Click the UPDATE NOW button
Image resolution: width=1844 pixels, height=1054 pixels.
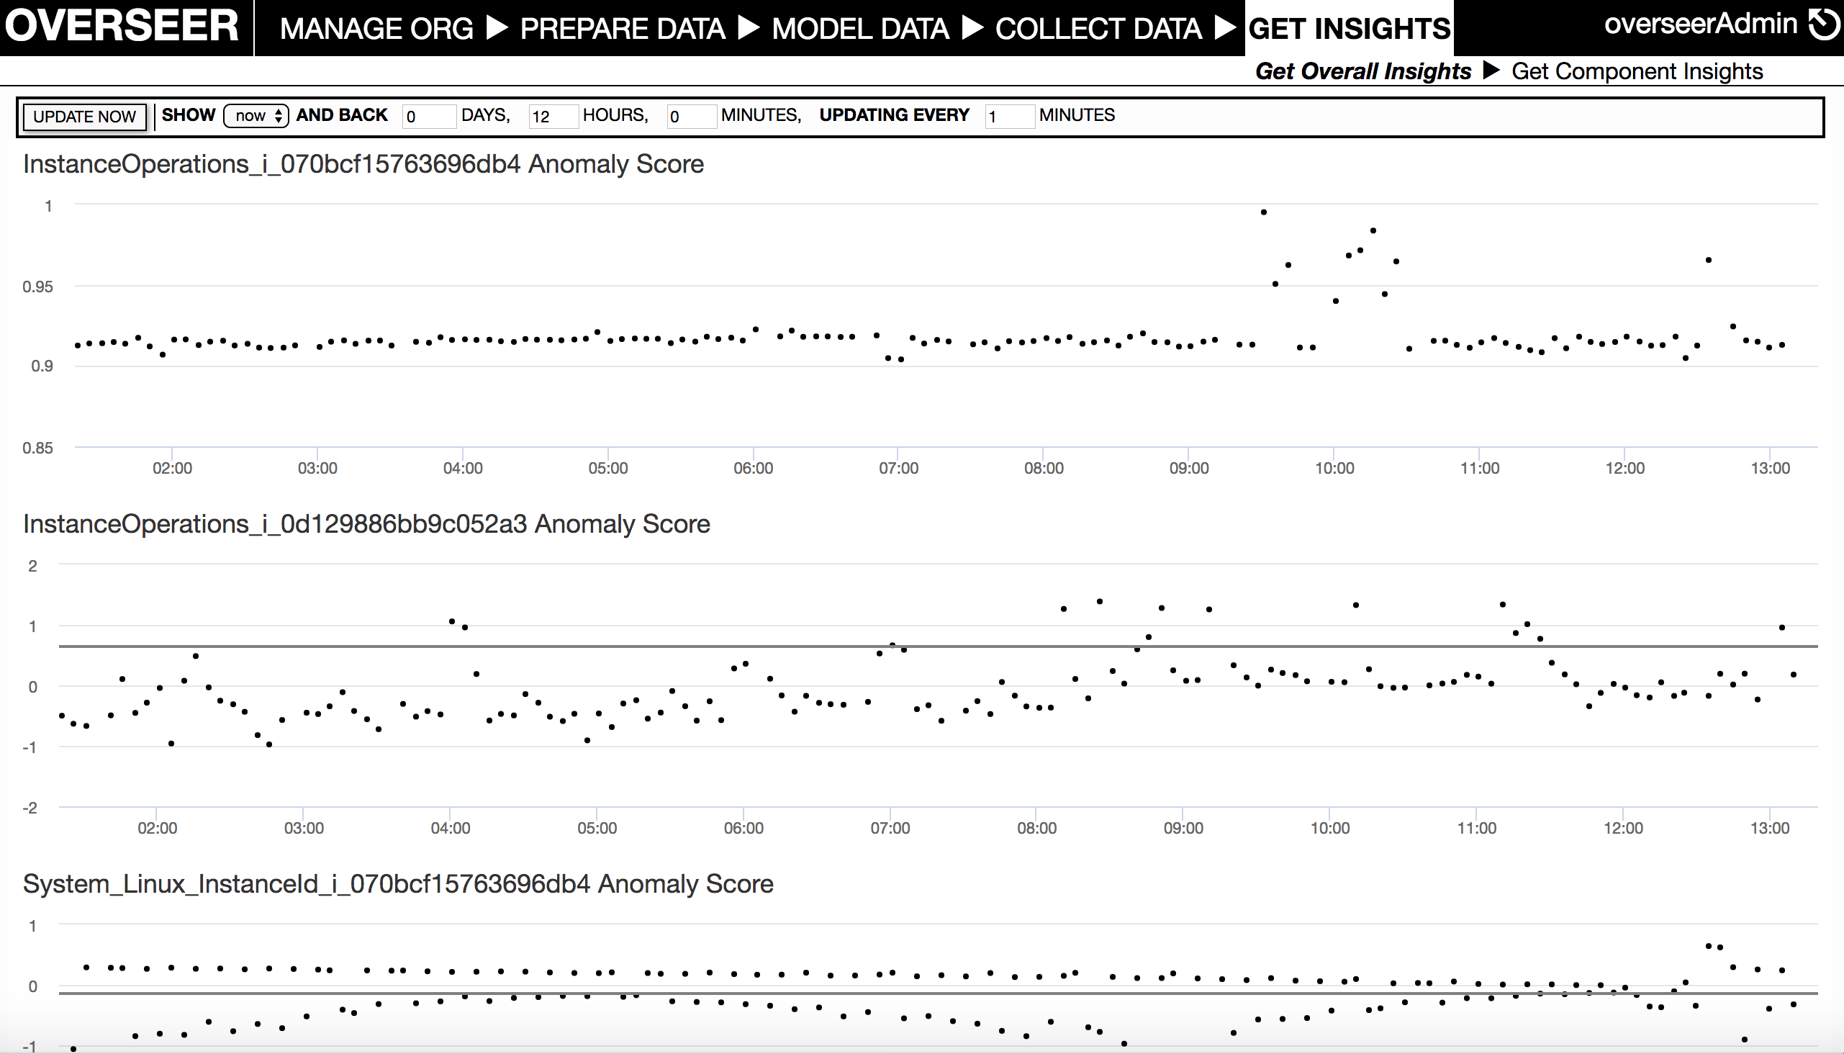(84, 117)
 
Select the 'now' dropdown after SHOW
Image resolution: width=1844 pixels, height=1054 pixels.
(256, 116)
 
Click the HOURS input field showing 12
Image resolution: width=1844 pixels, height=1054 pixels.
(553, 117)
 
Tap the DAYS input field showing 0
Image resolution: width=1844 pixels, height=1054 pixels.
(428, 117)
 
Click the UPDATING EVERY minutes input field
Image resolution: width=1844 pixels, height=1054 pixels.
(1009, 117)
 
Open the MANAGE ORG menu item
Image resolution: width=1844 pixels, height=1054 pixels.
(376, 29)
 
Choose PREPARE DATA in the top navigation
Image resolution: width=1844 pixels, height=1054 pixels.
(623, 29)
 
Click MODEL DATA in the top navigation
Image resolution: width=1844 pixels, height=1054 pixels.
(860, 29)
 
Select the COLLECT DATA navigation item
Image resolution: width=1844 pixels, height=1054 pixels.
(1098, 29)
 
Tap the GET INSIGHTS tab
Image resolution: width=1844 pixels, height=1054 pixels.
(1349, 29)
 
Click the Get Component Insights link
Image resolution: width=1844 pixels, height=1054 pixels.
(1637, 72)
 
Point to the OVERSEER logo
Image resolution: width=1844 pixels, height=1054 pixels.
(122, 26)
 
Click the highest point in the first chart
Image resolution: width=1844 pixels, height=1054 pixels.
(1264, 212)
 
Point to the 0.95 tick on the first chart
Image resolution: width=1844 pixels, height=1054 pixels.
(37, 287)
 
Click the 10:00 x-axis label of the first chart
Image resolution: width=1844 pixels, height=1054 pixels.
(1334, 469)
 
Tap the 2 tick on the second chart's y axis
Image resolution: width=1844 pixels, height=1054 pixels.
(32, 566)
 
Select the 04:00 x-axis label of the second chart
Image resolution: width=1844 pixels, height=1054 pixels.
(450, 828)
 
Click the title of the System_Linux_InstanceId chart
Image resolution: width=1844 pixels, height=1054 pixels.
(398, 884)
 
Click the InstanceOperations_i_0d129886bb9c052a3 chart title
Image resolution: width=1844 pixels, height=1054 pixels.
(366, 524)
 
